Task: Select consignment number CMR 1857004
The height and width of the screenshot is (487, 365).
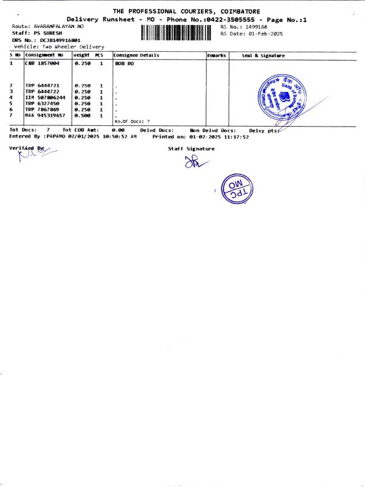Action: coord(42,63)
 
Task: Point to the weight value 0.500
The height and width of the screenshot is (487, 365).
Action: coord(82,115)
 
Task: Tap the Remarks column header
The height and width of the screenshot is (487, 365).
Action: coord(217,55)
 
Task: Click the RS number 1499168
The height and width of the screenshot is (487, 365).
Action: coord(254,27)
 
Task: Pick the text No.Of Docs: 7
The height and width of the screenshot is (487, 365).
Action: coord(131,122)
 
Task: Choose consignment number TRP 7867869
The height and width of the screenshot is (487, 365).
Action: coord(42,109)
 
